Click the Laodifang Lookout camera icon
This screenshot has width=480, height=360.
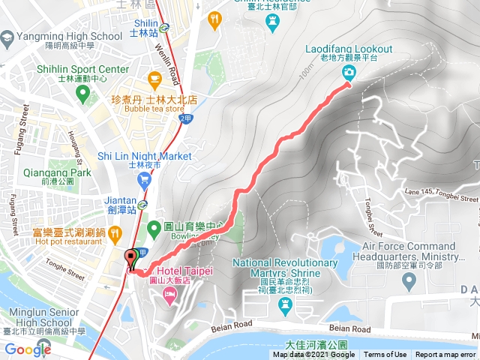tap(349, 72)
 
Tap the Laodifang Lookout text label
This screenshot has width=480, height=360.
tap(349, 49)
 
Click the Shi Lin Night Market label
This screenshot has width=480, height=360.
tap(145, 156)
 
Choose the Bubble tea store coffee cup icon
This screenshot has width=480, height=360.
tap(155, 77)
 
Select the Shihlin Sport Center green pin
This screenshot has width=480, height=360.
tap(82, 93)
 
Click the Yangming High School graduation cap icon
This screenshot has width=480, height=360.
tap(8, 37)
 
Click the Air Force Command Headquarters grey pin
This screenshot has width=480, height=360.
tap(409, 282)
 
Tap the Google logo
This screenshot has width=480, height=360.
tap(27, 349)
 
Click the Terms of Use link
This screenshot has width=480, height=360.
tap(385, 355)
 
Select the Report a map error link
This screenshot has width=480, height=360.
tap(445, 355)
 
